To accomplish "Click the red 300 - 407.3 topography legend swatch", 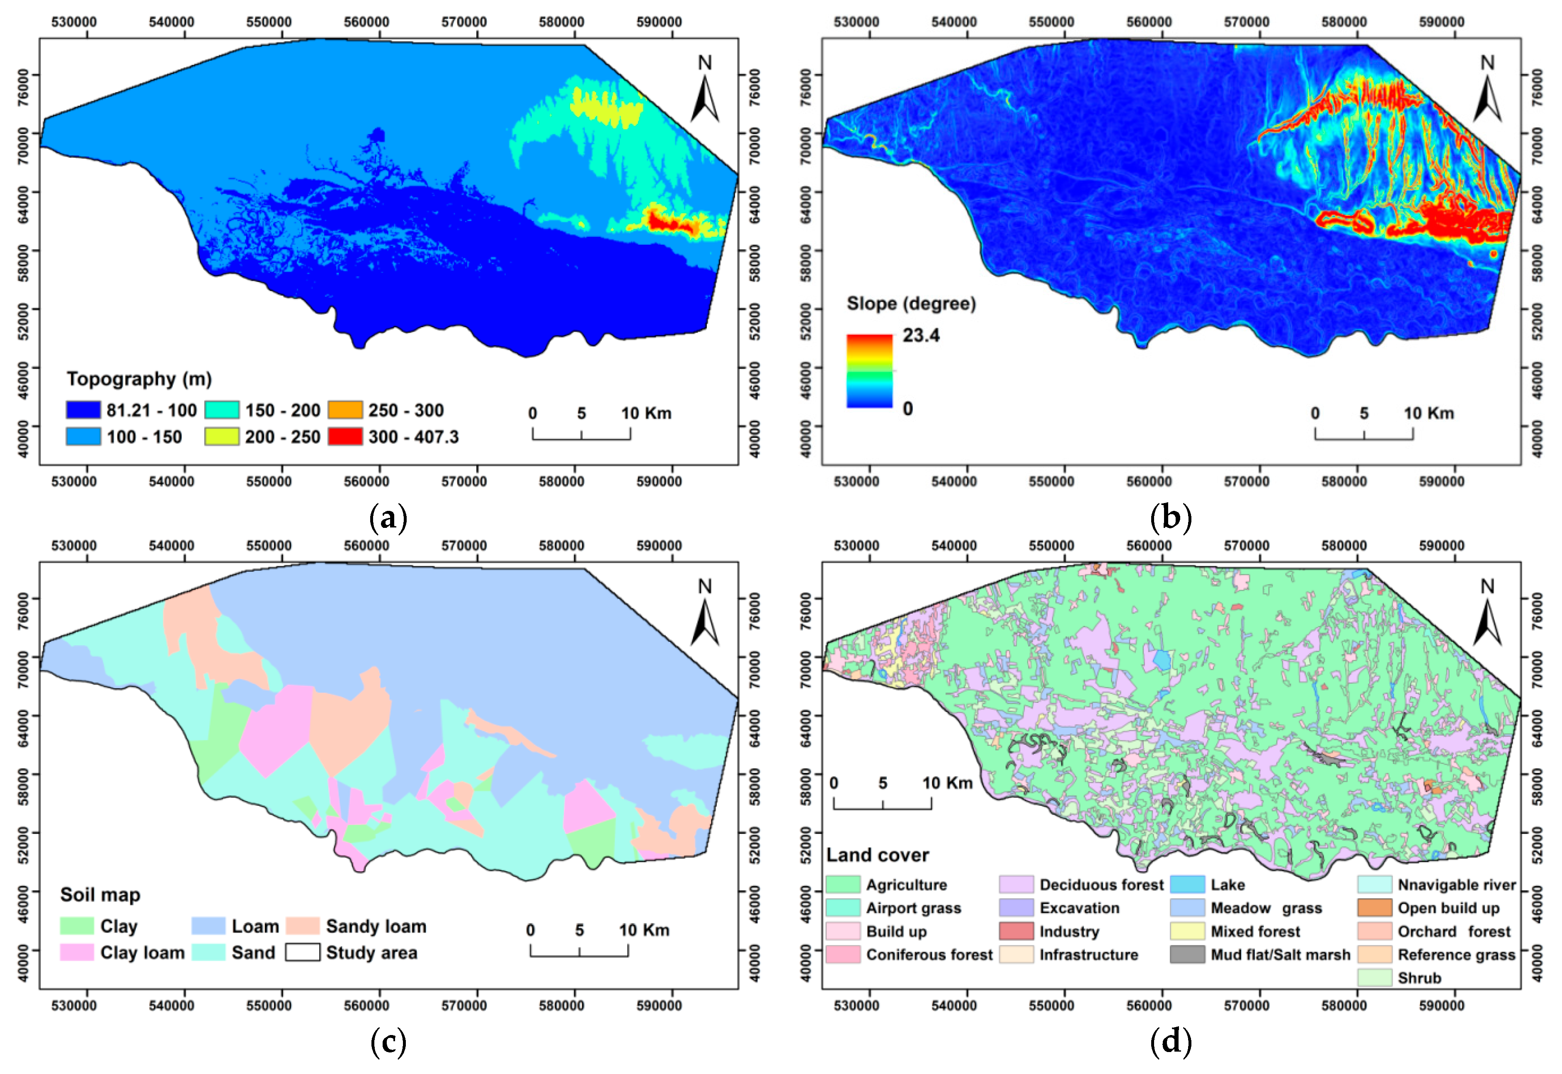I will [345, 437].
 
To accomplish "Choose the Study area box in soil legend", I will [302, 952].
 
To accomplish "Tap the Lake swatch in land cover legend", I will [1187, 885].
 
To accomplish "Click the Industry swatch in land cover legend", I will [1016, 931].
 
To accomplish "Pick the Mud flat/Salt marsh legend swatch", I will [1187, 955].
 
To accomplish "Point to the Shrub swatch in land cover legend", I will [1374, 978].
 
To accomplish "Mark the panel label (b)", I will [1171, 518].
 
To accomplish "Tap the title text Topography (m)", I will [139, 379].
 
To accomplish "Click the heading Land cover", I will [877, 855].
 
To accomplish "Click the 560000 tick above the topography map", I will [366, 22].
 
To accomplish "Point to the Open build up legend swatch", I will [1374, 908].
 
